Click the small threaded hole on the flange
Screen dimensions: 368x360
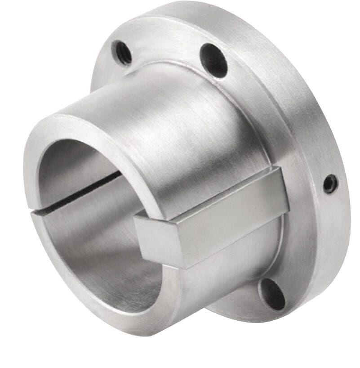[122, 52]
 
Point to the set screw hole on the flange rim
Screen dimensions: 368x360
[330, 184]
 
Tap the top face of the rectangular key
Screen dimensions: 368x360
[211, 193]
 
